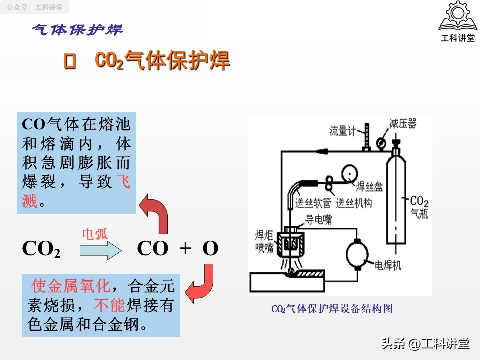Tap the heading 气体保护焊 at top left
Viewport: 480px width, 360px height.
[77, 29]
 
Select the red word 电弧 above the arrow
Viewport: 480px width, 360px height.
[94, 234]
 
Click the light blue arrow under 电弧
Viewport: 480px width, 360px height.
[100, 249]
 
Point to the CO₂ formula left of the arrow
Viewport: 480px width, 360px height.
[41, 249]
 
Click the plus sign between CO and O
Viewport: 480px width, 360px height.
[185, 248]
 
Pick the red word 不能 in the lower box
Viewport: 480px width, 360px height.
[110, 305]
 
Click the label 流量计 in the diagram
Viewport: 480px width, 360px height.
[342, 131]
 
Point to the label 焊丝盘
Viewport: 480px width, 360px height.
[369, 187]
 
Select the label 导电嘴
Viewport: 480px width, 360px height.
[318, 219]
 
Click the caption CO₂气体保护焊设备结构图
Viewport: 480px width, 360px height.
[332, 309]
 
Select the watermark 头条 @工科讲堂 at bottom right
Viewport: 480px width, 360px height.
[425, 343]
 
